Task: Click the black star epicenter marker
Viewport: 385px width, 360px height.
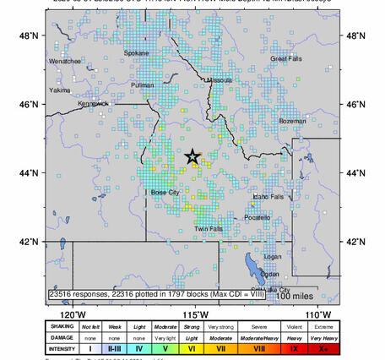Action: click(192, 156)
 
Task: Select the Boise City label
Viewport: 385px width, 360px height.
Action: click(165, 193)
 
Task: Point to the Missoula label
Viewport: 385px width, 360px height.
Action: click(220, 80)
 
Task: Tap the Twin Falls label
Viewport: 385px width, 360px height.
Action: click(209, 229)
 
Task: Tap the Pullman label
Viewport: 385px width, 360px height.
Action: click(143, 85)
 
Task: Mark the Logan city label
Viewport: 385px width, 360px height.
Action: click(272, 256)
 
